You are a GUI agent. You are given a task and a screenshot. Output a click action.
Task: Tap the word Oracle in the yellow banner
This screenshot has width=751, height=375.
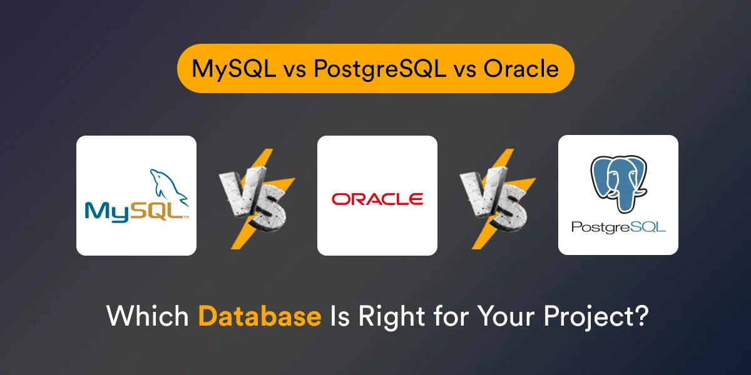coord(521,68)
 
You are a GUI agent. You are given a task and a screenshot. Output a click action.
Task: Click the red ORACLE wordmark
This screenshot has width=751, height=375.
coord(377,199)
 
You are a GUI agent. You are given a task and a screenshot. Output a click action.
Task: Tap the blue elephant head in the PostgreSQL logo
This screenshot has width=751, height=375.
coord(618,182)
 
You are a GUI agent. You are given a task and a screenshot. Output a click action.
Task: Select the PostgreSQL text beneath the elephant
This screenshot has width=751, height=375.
coord(618,226)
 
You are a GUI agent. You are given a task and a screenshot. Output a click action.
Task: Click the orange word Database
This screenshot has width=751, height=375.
coord(260,316)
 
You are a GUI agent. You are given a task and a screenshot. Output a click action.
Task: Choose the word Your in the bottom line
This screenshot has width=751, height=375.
coord(505,316)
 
